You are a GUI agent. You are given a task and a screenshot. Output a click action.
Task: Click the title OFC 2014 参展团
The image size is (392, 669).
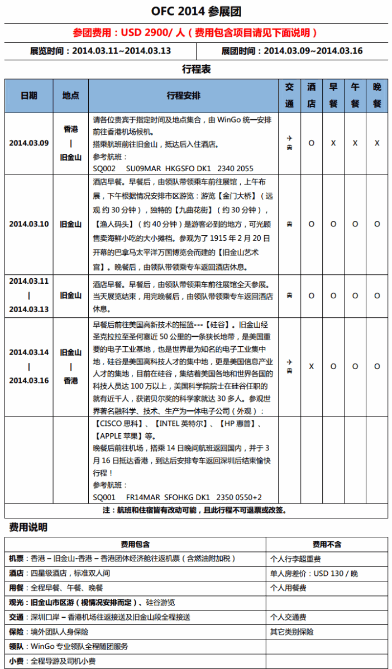(196, 12)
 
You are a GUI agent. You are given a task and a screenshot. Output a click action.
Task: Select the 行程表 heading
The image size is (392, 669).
(196, 70)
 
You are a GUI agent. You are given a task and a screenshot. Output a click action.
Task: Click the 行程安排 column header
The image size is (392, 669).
(183, 96)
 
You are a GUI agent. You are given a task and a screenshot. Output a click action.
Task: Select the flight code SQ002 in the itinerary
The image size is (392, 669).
(104, 168)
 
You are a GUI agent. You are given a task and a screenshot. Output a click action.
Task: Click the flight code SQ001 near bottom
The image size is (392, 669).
(104, 497)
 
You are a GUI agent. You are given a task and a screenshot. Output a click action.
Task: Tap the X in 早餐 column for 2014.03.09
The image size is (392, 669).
(333, 143)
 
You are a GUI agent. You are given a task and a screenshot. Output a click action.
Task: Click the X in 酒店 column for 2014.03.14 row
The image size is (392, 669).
(311, 366)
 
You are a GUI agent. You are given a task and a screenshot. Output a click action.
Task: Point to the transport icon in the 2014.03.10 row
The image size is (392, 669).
(289, 224)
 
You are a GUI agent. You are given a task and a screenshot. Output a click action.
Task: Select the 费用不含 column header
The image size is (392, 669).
(327, 544)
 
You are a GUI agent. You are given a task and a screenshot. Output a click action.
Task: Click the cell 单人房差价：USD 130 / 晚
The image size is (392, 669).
(313, 573)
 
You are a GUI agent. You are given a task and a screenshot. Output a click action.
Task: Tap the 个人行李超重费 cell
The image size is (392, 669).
(295, 559)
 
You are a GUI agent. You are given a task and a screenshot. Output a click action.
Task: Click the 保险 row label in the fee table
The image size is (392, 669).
(16, 632)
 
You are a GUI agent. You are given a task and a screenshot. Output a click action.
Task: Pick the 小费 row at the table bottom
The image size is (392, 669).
(16, 661)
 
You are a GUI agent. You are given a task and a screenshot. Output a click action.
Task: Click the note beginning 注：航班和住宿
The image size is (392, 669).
(195, 510)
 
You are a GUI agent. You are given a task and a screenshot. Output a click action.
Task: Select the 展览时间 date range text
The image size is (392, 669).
(101, 51)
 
